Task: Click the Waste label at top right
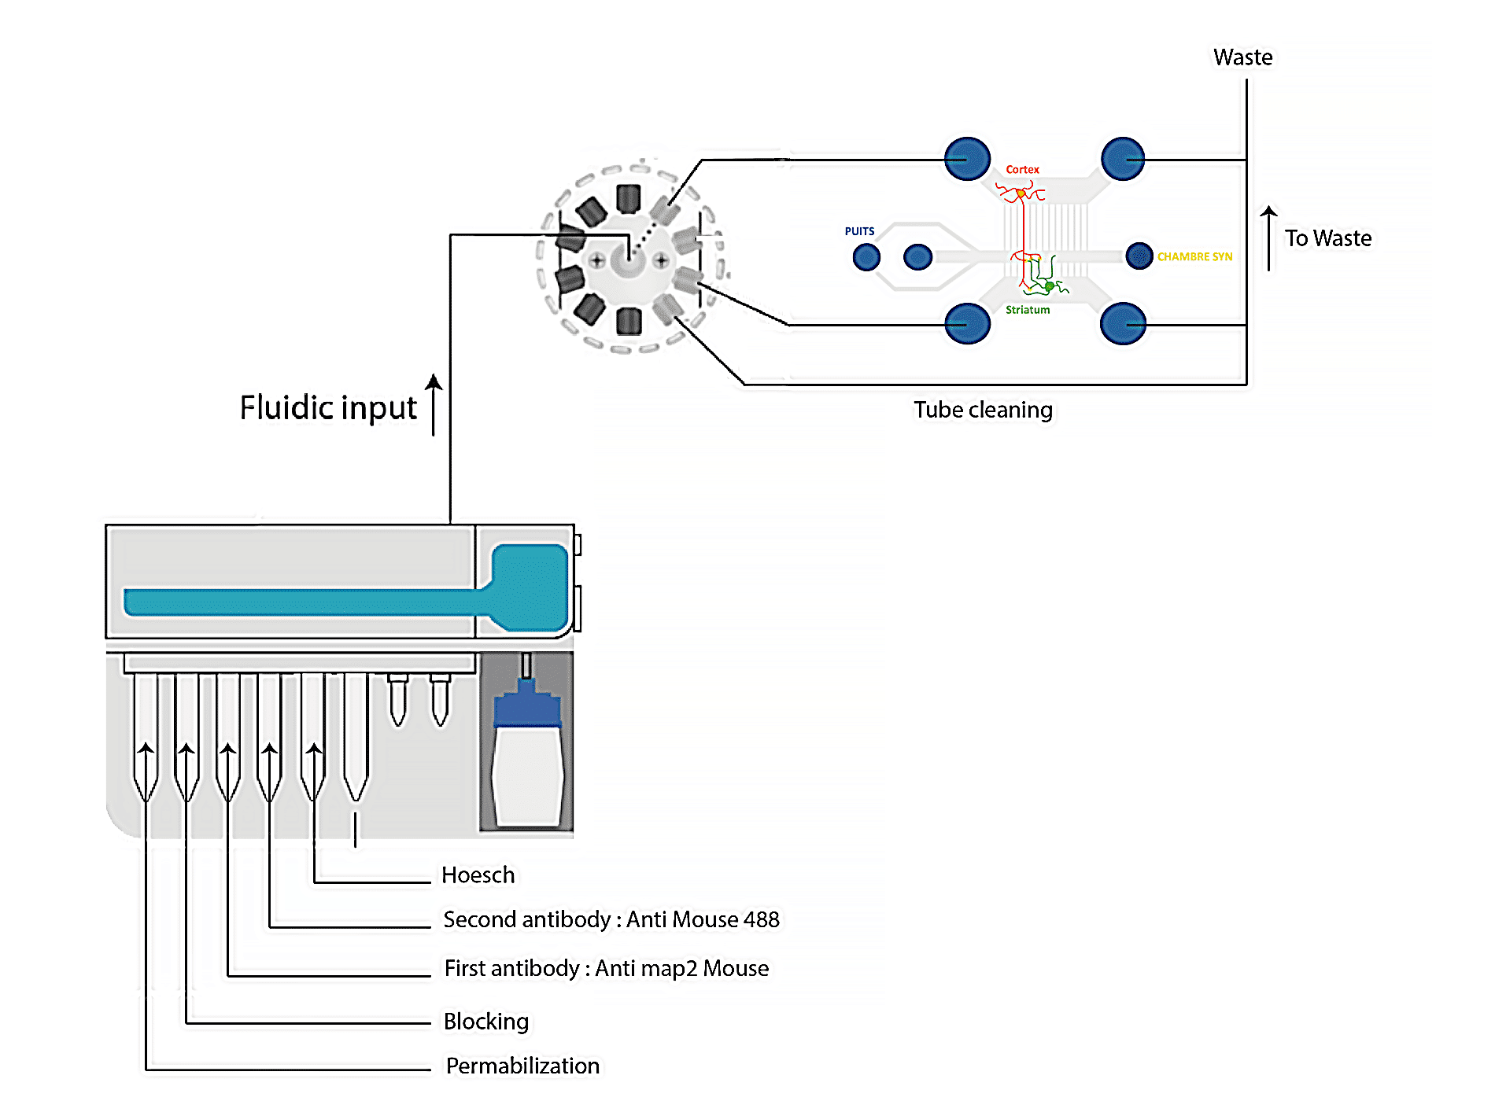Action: coord(1242,57)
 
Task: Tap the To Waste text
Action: coord(1328,238)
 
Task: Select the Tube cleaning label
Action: coord(983,410)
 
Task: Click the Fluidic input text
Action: coord(328,408)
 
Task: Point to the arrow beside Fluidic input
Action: coord(434,404)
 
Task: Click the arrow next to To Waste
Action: coord(1268,238)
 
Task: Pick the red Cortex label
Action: coord(1022,169)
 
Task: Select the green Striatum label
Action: coord(1028,310)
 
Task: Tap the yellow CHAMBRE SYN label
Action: coord(1194,257)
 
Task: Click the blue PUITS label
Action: coord(859,231)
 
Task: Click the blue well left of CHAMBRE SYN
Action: coord(1139,256)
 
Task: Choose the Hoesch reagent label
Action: coord(478,875)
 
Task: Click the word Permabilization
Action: coord(522,1066)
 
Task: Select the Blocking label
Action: coord(486,1022)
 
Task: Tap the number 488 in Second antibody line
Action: coord(762,919)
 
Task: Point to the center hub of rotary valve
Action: coord(628,260)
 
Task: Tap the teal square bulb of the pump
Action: coord(530,586)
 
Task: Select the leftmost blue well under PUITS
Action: coord(866,256)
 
